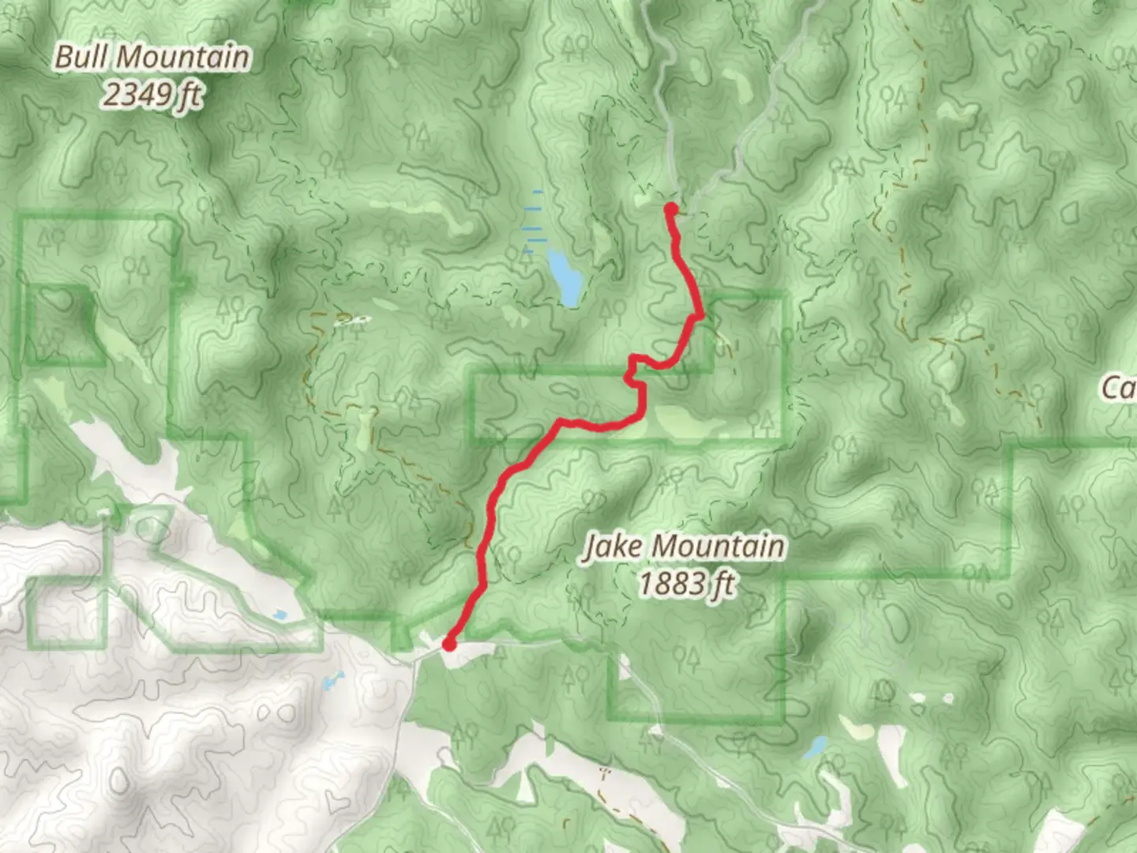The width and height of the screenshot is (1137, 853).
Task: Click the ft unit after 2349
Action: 189,96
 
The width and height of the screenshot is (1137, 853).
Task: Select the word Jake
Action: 614,547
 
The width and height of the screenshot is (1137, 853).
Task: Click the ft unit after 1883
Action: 722,585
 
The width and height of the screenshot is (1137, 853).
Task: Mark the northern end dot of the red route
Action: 670,209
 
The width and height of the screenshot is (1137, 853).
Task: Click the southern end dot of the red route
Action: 449,644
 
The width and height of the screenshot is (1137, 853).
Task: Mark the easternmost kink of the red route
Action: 700,317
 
